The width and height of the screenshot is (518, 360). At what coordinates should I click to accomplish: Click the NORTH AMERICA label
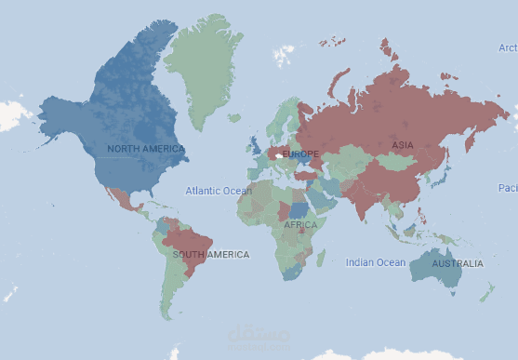[146, 149]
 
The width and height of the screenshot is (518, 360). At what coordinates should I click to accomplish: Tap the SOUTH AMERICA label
[210, 254]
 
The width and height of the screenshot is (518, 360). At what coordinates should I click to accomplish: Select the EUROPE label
[299, 153]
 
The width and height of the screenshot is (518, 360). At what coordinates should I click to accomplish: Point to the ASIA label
[402, 145]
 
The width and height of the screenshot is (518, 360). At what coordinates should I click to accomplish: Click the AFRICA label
[300, 224]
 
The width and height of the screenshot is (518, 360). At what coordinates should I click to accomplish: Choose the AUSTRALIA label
[458, 263]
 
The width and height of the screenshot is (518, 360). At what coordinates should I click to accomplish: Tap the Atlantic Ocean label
[218, 191]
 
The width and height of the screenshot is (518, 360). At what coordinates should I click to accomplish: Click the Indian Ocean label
[376, 262]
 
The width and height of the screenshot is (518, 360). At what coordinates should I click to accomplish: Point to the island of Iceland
[235, 118]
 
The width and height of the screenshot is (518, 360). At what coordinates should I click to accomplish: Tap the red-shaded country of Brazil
[191, 244]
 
